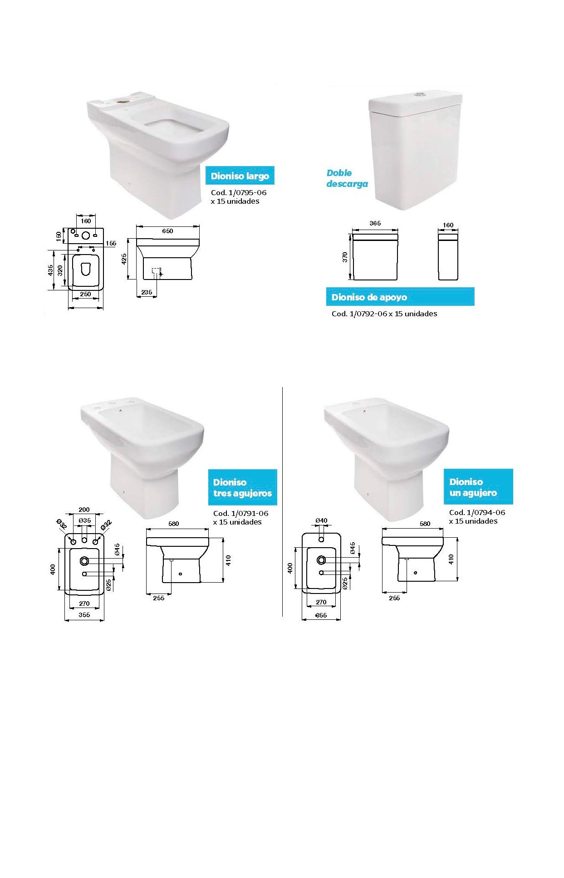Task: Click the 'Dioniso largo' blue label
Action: click(240, 176)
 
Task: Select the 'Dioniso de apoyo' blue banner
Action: click(400, 297)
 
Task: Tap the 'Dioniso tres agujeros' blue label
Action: click(242, 487)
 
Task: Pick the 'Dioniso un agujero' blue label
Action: click(478, 487)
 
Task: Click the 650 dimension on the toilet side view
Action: click(167, 231)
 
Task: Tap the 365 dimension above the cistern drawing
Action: click(375, 223)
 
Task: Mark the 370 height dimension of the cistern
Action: click(345, 257)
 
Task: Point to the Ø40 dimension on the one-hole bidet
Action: click(321, 520)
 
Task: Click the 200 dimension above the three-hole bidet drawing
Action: click(84, 510)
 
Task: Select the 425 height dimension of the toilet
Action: click(124, 259)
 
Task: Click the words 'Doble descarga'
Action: click(347, 178)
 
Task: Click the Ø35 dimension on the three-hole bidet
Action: click(85, 520)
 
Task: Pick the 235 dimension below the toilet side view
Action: click(147, 292)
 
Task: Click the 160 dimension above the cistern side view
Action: click(448, 225)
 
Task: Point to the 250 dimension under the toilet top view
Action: click(85, 294)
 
